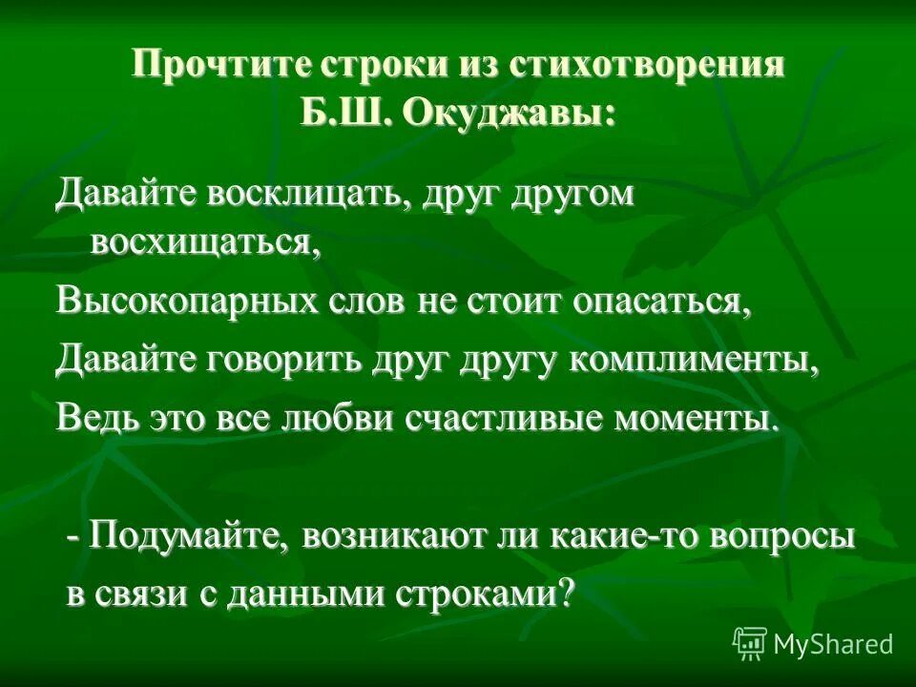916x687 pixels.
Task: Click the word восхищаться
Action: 203,240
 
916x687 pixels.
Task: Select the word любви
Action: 350,420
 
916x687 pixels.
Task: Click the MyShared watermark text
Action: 833,643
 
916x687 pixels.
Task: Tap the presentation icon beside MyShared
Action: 750,643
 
